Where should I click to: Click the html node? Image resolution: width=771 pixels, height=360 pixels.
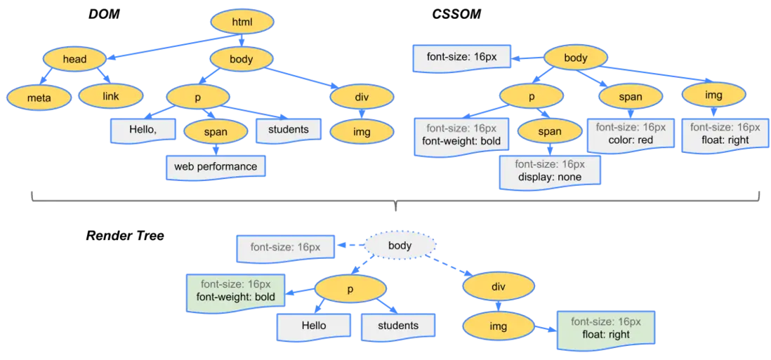[241, 22]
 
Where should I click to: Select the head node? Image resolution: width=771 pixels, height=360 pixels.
[74, 59]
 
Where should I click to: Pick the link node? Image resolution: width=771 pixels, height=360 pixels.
[111, 95]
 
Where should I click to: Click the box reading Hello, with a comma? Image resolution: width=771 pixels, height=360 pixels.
[143, 129]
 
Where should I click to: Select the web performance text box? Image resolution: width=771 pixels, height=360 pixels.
[216, 166]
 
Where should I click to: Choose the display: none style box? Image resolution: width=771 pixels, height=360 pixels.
[550, 171]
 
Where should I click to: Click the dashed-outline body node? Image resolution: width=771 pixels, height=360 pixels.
[400, 246]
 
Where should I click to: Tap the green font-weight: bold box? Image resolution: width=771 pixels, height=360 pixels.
[235, 291]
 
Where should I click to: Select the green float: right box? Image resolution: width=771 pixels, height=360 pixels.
[605, 328]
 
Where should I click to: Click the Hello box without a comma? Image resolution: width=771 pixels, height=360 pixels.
[313, 326]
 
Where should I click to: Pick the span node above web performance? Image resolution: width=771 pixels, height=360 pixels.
[216, 131]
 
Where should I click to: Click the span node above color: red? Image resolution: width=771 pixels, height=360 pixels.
[630, 96]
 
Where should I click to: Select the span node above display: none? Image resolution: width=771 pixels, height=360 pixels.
[550, 131]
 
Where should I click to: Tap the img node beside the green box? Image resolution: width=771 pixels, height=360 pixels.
[499, 326]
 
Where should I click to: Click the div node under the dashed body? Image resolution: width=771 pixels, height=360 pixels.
[499, 287]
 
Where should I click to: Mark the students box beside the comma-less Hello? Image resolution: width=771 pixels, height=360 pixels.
[398, 326]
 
